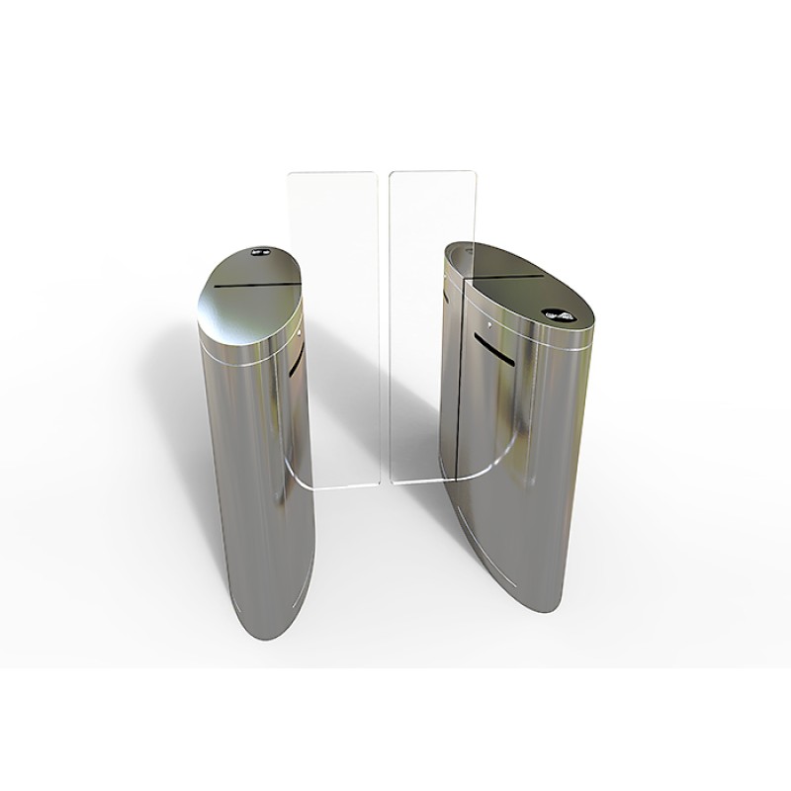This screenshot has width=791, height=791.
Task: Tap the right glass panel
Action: (x=426, y=326)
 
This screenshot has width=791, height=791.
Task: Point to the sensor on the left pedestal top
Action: (x=261, y=251)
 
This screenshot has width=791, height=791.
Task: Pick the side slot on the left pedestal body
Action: (x=296, y=356)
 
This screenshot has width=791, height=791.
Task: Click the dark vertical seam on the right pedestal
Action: (x=457, y=395)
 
